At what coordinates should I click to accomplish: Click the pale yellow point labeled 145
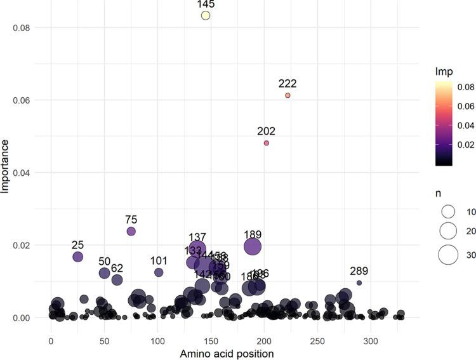click(206, 15)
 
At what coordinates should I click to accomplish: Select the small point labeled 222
click(288, 95)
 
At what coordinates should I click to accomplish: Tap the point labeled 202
click(267, 143)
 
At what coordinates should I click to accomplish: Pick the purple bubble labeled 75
click(131, 231)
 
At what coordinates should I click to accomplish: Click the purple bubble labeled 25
click(78, 257)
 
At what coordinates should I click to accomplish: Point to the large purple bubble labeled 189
click(253, 246)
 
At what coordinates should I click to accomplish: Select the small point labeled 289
click(359, 283)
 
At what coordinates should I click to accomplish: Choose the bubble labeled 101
click(159, 272)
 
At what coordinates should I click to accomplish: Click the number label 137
click(197, 237)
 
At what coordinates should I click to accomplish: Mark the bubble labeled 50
click(105, 273)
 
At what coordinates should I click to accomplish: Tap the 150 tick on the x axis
click(211, 340)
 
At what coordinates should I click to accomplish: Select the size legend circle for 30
click(448, 254)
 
